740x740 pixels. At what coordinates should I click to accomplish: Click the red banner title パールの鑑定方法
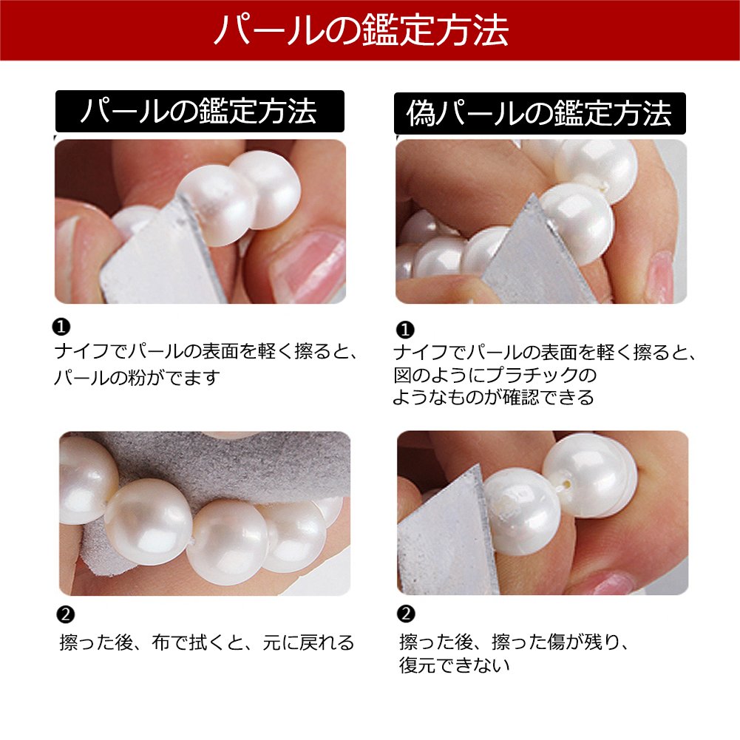coord(361,30)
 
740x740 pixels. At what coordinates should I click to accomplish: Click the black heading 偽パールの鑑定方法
coord(539,113)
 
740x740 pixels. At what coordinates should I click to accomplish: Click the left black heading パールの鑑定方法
coord(199,111)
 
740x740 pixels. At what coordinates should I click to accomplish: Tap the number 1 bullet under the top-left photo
coord(61,327)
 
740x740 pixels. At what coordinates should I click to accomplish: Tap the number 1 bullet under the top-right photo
coord(405,330)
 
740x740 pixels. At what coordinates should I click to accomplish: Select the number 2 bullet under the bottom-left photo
coord(65,614)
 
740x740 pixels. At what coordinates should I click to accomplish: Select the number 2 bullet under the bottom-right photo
coord(406,614)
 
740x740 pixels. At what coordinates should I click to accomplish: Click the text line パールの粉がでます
coord(137,378)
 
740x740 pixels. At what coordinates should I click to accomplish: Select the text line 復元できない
coord(455,665)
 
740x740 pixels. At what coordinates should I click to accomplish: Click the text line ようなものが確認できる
coord(493,398)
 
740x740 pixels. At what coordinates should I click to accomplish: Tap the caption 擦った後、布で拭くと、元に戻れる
coord(207,642)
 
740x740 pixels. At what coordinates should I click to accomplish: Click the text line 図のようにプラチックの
coord(495,375)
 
